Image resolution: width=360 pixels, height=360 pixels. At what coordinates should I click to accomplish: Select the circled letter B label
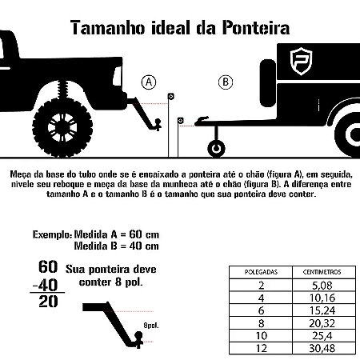pyautogui.click(x=225, y=82)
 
